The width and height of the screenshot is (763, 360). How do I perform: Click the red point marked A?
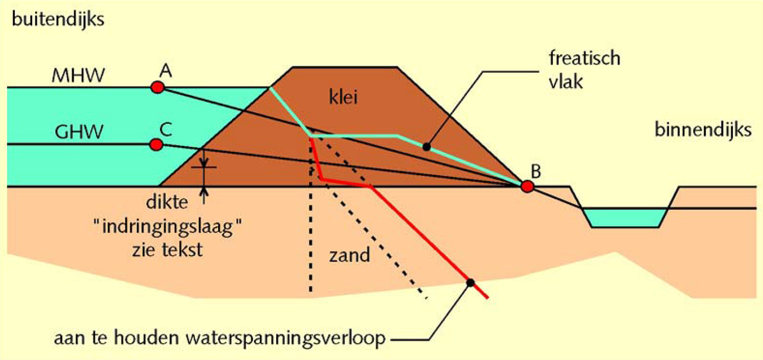tap(156, 87)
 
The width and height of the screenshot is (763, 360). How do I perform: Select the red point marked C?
tap(155, 144)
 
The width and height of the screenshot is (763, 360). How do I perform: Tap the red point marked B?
tap(527, 186)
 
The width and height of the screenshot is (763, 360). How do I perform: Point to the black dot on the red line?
tap(469, 282)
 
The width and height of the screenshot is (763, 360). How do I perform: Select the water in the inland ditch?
tap(624, 217)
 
